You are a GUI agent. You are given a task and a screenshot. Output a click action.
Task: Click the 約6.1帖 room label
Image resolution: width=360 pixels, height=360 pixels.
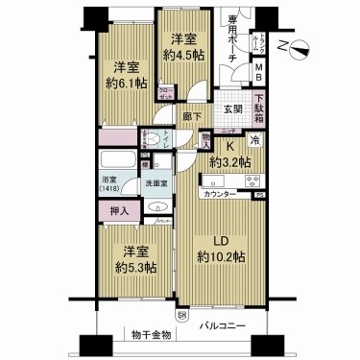pos(127,76)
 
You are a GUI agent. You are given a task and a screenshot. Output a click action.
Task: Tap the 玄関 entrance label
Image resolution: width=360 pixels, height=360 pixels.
pos(232,109)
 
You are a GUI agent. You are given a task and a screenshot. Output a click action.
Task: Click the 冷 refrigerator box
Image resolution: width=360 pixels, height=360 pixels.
pos(255,140)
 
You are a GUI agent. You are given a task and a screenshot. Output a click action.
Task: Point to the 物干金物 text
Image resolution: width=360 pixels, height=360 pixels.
pos(152,335)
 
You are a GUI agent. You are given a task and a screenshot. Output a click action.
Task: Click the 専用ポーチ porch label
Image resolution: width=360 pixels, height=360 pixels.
pos(233,39)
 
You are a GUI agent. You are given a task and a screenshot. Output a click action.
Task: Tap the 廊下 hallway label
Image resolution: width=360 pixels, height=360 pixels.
pos(191,117)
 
